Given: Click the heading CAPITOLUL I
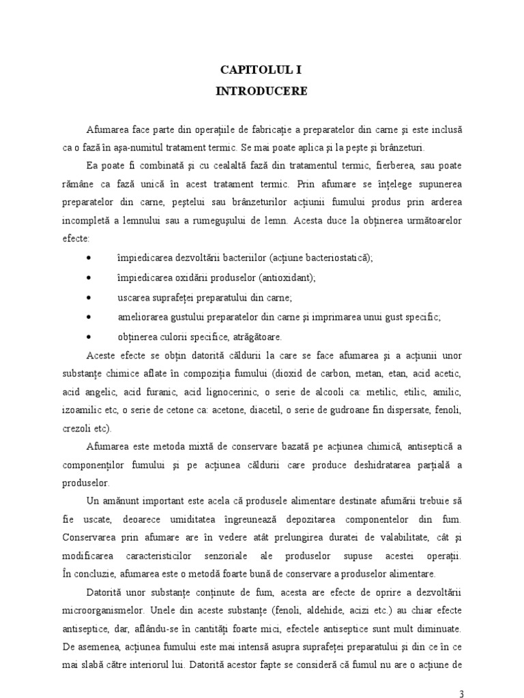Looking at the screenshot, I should click(x=262, y=70).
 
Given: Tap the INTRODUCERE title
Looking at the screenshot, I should click(x=262, y=91).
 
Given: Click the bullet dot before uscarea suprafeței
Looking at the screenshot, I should click(x=91, y=298).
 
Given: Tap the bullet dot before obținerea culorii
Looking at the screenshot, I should click(x=91, y=337).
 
